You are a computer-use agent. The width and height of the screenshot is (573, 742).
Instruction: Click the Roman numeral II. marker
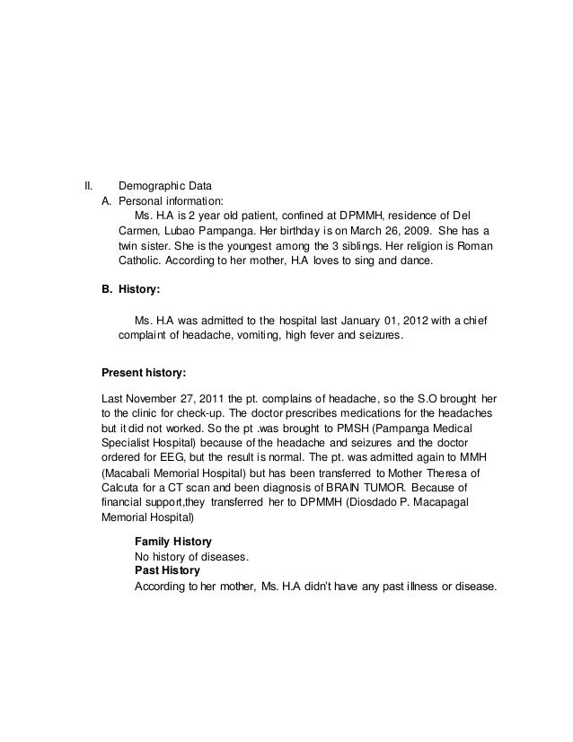pos(89,186)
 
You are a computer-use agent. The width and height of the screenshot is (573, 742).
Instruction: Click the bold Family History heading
pos(172,542)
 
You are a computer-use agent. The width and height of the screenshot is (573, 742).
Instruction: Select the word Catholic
pos(143,260)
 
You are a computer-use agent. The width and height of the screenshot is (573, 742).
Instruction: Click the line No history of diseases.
pos(190,556)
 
